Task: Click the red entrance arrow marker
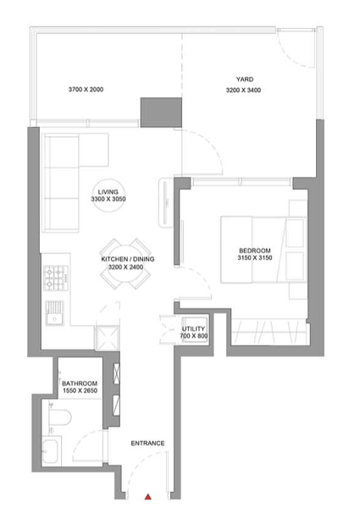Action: coord(147,497)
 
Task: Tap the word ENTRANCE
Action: coord(147,443)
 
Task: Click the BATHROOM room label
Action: coord(80,383)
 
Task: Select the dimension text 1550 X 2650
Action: coord(80,390)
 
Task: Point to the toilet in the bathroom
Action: coord(59,417)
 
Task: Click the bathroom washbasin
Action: coord(51,451)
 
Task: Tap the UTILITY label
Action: coord(193,328)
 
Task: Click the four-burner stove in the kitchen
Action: coord(56,278)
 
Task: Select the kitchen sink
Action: coord(54,313)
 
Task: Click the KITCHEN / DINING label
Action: coord(128,259)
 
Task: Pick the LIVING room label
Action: coord(108,192)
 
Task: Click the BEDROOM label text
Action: coord(255,251)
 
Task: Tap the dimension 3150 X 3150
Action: coord(255,257)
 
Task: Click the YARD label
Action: coord(245,80)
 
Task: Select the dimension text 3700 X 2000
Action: coord(86,89)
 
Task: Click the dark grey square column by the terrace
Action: coord(161,113)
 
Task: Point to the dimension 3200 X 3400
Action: coord(243,90)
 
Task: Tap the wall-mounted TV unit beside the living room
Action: coord(165,202)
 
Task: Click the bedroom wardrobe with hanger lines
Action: coord(270,332)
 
